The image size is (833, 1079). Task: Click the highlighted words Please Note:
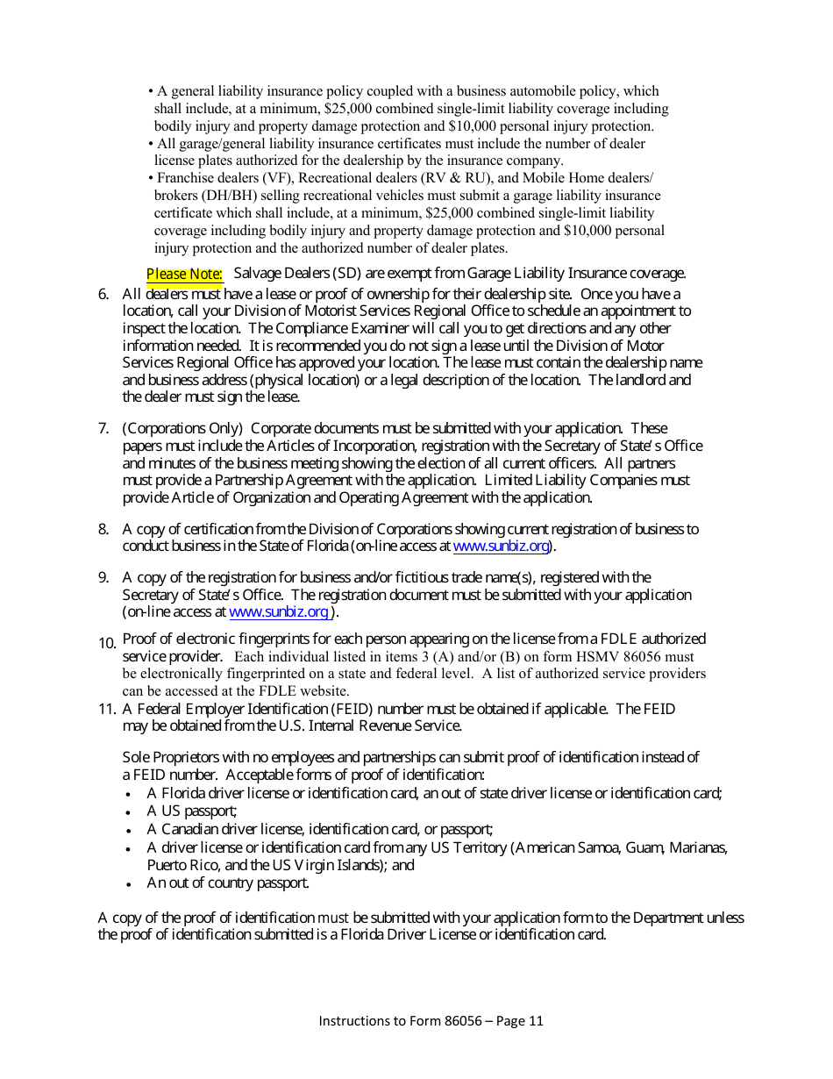coord(184,275)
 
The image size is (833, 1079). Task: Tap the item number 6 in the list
coord(103,295)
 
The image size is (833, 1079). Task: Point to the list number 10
coord(107,643)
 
